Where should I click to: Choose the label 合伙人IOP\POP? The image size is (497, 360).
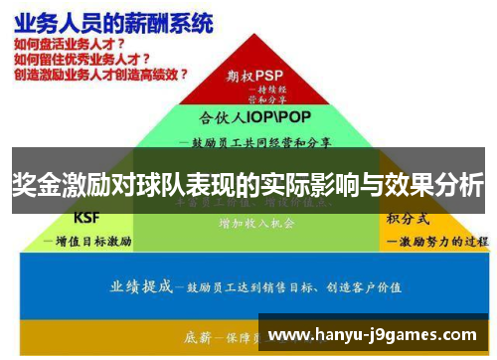254,116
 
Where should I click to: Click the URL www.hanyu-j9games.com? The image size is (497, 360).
374,335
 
